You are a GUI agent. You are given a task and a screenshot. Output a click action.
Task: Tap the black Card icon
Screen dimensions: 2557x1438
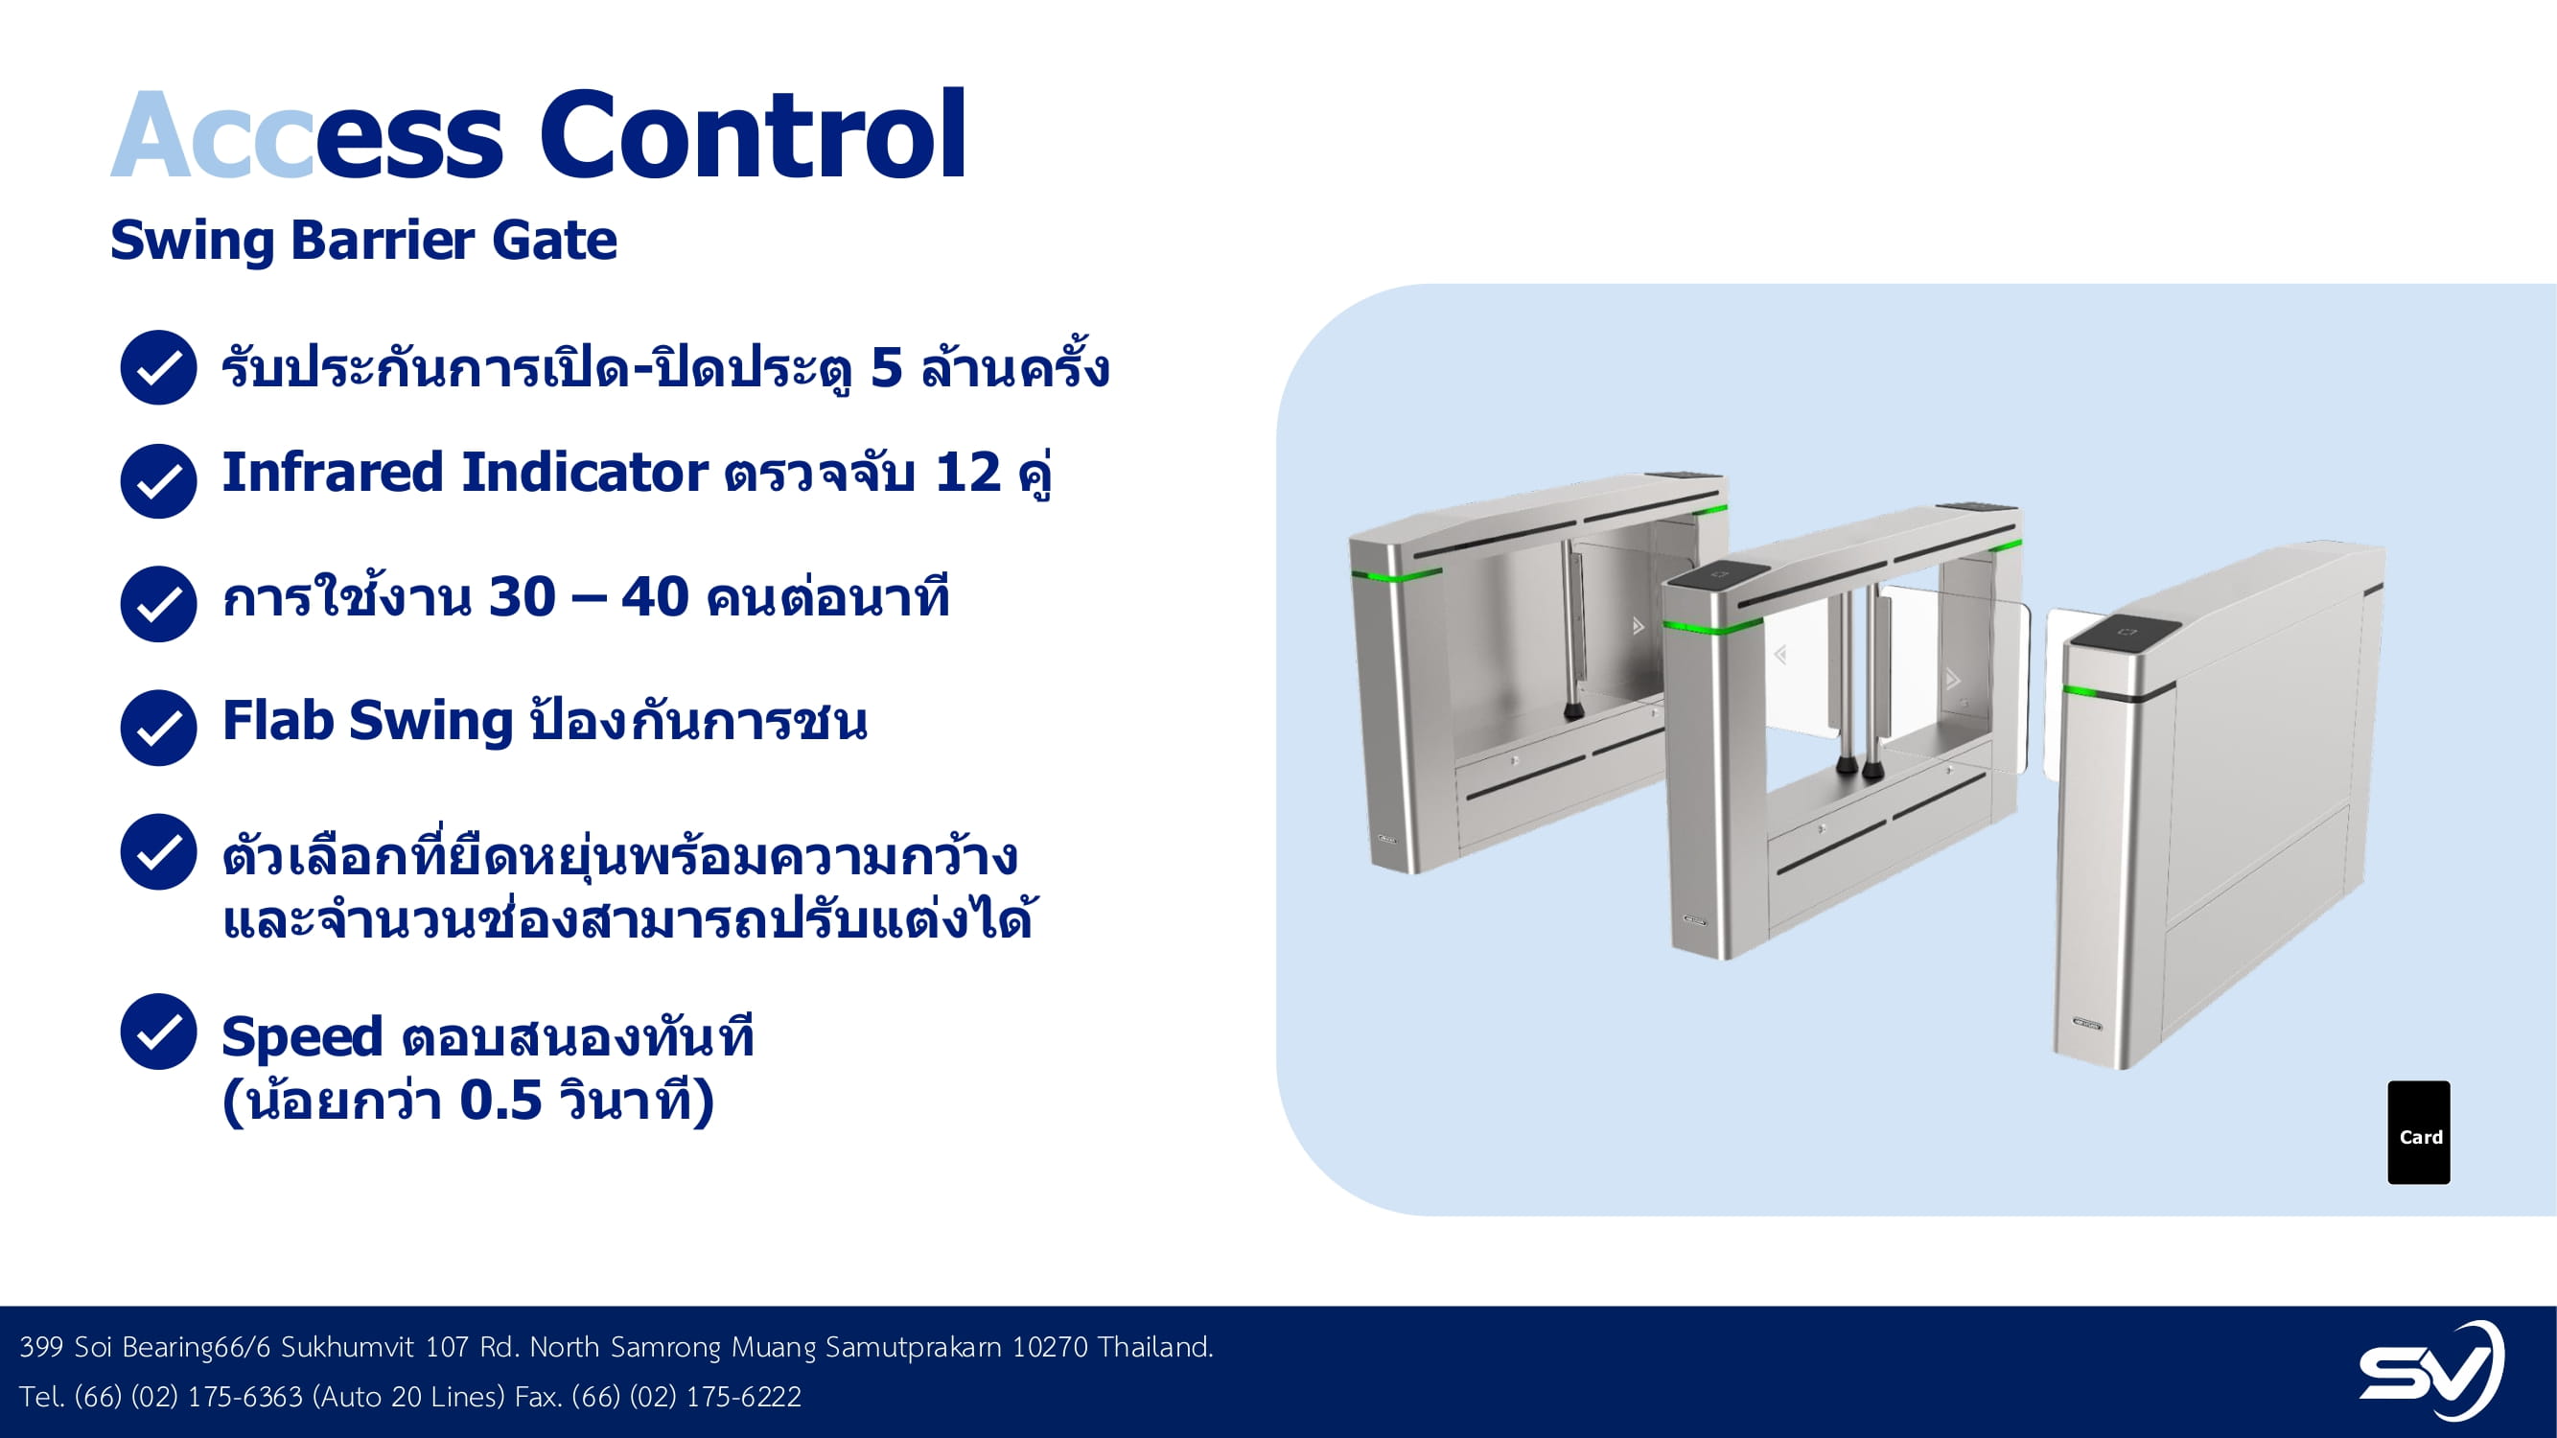tap(2419, 1132)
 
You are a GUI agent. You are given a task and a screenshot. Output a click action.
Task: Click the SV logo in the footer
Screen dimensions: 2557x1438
tap(2431, 1370)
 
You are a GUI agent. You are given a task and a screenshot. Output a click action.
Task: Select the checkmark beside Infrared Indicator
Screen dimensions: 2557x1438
tap(158, 481)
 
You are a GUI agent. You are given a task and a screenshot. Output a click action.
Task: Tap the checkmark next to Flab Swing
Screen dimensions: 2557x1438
tap(158, 728)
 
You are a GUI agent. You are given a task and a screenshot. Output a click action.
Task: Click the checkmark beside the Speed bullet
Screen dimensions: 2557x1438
tap(158, 1032)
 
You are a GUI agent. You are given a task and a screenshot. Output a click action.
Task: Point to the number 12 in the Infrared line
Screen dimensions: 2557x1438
tap(967, 473)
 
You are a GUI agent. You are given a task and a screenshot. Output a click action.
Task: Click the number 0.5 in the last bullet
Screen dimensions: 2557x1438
tap(501, 1101)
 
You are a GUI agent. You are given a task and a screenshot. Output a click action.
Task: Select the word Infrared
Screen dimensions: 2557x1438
tap(333, 472)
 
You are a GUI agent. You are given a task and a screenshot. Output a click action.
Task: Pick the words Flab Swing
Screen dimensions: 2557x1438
tap(367, 722)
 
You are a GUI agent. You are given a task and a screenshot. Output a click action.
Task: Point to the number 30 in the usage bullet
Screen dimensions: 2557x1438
tap(523, 597)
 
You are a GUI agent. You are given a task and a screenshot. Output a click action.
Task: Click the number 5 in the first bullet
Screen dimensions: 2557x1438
tap(887, 368)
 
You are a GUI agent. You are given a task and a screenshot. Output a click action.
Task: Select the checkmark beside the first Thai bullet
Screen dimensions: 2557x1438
tap(158, 367)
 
